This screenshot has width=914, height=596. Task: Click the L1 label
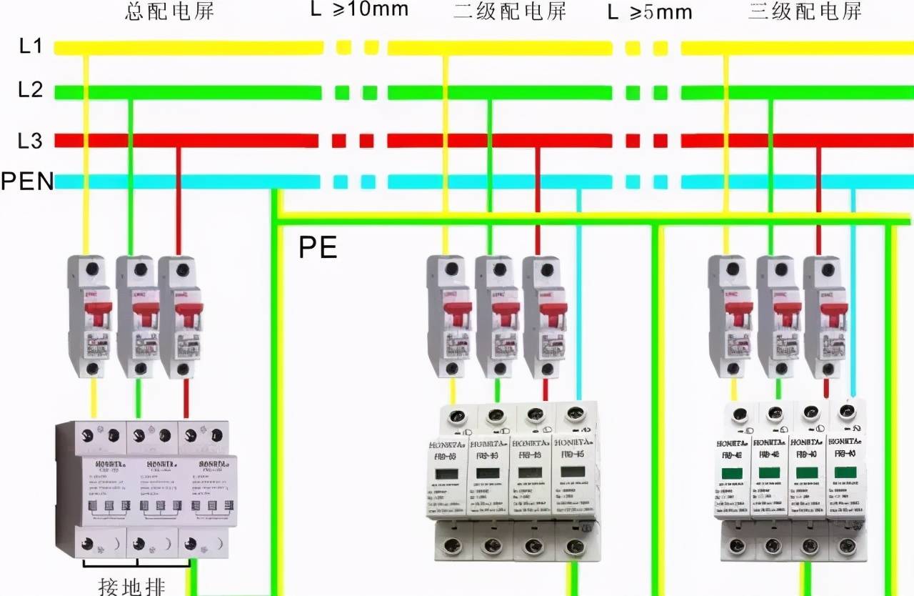click(x=30, y=47)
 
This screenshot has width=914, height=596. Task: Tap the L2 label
click(x=30, y=91)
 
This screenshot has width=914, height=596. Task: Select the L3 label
click(x=30, y=141)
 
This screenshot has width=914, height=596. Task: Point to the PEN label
click(x=27, y=182)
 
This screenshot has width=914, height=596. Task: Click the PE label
click(x=318, y=247)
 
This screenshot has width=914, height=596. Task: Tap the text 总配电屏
click(x=169, y=11)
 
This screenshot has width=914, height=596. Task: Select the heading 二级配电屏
click(x=510, y=11)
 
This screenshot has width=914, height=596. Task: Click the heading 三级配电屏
click(x=805, y=11)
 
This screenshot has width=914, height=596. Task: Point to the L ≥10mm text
click(x=360, y=9)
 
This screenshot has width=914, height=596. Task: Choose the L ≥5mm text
click(x=650, y=12)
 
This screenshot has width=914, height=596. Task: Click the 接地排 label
click(x=131, y=587)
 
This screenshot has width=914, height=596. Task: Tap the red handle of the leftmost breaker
click(x=99, y=313)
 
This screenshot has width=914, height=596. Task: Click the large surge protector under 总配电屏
click(x=142, y=490)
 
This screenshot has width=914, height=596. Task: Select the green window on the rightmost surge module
click(x=846, y=472)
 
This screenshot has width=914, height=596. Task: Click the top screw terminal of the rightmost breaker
click(x=828, y=270)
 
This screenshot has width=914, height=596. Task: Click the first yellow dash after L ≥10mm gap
click(x=343, y=48)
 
